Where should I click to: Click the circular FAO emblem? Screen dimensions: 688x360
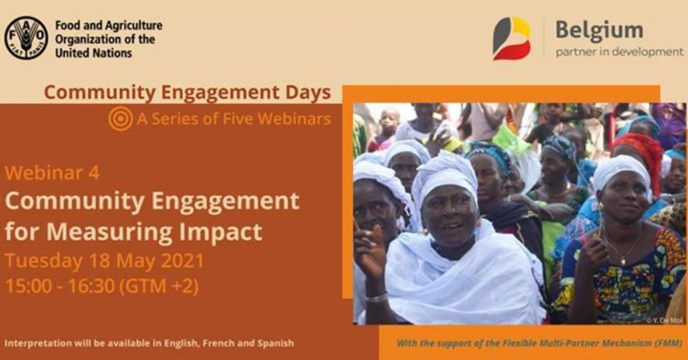tap(26, 38)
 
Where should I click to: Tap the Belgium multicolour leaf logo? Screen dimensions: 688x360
tap(512, 38)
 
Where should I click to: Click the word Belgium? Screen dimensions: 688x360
tap(599, 32)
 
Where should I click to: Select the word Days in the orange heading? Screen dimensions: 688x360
tap(308, 93)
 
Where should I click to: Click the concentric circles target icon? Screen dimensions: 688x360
tap(121, 119)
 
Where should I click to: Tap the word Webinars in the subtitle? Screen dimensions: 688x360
tap(295, 119)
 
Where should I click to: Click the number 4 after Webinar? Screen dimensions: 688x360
tap(93, 173)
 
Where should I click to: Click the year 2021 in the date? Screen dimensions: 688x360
tap(183, 261)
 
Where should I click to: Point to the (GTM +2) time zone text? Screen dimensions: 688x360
tap(159, 286)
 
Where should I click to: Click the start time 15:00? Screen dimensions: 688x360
tap(29, 286)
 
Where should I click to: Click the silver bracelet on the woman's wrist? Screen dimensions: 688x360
tap(376, 298)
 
